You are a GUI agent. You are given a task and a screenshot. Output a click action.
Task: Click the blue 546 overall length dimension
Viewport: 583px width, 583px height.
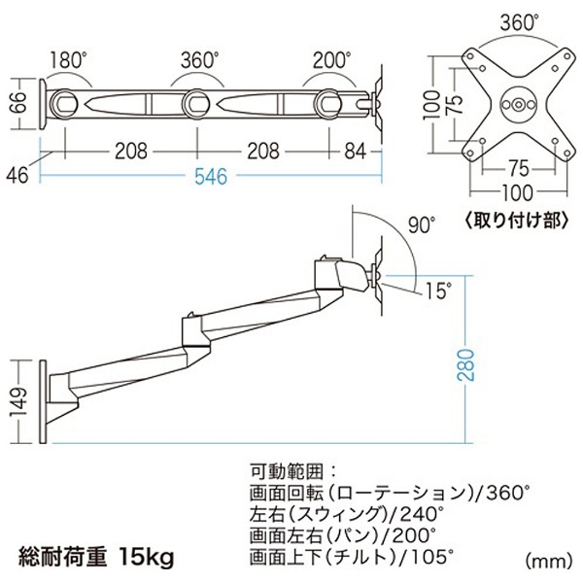211,176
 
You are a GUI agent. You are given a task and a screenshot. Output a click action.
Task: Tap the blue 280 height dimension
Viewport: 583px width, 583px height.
465,364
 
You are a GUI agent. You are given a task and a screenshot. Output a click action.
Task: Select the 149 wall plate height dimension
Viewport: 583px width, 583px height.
18,402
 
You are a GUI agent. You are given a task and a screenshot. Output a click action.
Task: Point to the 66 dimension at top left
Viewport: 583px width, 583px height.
18,102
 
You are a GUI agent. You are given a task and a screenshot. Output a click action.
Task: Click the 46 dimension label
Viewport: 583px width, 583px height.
17,174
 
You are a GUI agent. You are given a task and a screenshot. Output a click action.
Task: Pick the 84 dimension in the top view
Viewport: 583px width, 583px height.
355,152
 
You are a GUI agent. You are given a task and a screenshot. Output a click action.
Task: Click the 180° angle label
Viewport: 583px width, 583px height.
68,60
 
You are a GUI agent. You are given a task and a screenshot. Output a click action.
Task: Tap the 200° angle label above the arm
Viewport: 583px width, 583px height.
331,60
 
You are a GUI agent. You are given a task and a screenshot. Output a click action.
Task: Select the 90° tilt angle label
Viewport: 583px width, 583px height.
422,224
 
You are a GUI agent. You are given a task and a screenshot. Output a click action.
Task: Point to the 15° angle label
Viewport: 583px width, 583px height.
439,291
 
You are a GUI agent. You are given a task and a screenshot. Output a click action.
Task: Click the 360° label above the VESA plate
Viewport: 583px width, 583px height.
519,23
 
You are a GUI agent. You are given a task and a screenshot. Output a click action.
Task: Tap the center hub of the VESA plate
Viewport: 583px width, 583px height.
518,105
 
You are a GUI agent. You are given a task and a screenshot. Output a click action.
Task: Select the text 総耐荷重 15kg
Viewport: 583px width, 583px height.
96,558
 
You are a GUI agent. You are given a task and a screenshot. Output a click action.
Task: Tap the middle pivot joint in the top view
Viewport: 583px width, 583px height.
196,102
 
